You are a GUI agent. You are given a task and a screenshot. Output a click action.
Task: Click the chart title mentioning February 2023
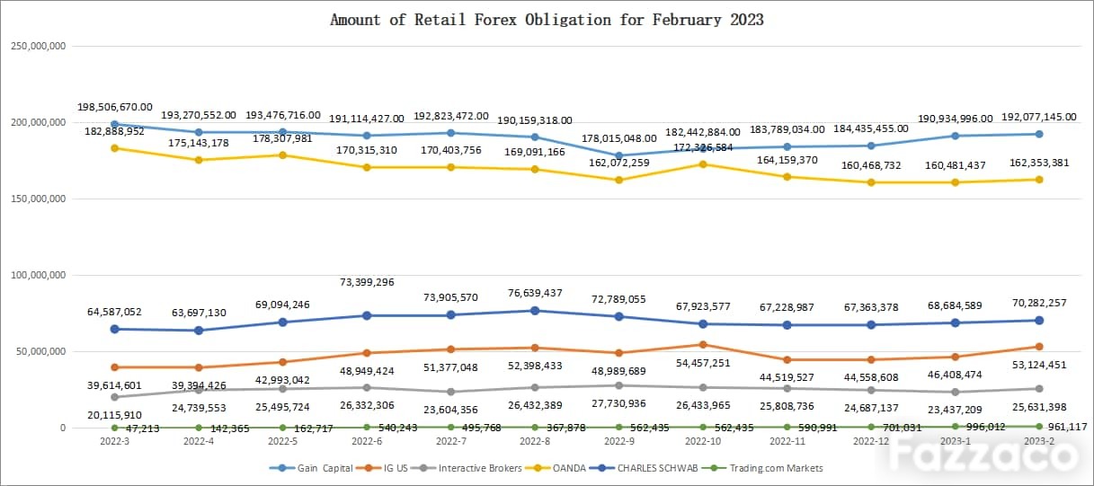click(547, 20)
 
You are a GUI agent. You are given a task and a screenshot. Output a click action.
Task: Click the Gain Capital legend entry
click(311, 468)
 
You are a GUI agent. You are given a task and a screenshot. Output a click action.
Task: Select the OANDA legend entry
click(555, 468)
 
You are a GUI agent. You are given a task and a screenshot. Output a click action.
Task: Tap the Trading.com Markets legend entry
click(762, 468)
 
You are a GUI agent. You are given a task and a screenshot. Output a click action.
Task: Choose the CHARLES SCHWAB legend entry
click(644, 468)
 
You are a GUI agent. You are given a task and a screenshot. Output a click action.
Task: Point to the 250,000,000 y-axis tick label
click(38, 46)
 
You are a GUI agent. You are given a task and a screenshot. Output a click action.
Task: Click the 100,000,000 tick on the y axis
click(38, 275)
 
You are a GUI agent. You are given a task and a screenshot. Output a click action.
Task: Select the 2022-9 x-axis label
click(618, 441)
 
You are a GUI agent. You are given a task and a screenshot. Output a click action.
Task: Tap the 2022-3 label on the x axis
click(115, 441)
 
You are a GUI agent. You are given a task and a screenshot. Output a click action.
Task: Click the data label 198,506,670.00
click(115, 107)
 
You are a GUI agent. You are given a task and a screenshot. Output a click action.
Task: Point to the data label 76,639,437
click(535, 293)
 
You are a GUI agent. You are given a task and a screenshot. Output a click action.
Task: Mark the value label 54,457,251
click(703, 363)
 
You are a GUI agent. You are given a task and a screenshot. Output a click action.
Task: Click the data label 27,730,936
click(618, 403)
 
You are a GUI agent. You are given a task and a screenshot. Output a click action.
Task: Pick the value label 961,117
click(1067, 427)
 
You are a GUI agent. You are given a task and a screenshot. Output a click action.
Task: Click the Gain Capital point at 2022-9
click(618, 156)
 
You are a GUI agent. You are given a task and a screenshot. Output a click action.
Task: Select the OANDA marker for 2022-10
click(703, 164)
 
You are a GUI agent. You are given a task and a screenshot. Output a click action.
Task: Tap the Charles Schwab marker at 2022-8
click(535, 311)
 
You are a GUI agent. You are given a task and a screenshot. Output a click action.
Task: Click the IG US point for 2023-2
click(1039, 347)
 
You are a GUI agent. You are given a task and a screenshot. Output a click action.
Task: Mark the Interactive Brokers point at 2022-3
click(115, 397)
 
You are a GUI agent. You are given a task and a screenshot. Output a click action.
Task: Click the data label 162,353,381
click(1039, 163)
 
